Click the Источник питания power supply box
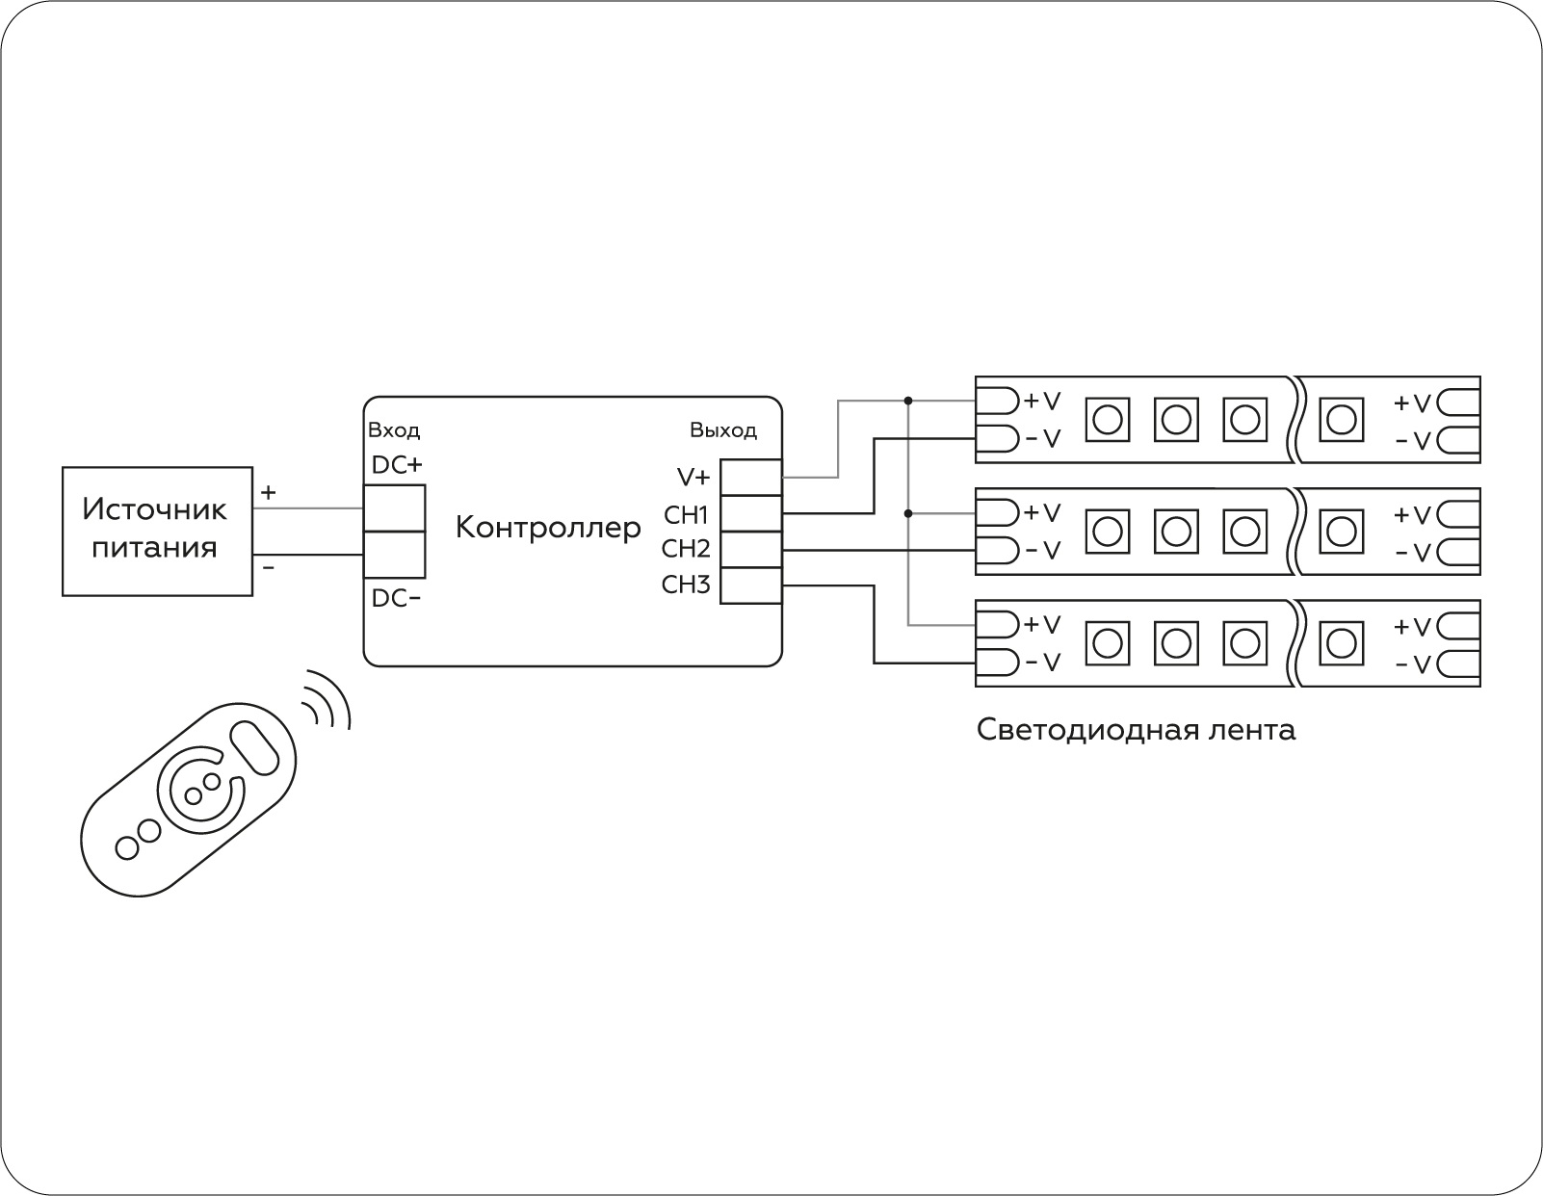tap(157, 531)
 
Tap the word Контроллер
tap(547, 528)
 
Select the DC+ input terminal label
tap(396, 465)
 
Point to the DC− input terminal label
tap(396, 598)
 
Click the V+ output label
tap(693, 478)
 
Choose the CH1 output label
tap(686, 514)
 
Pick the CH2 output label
tap(686, 549)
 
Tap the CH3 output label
tap(686, 585)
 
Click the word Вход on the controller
tap(394, 430)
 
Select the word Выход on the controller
tap(722, 430)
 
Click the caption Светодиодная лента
tap(1136, 730)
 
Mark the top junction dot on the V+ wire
tap(908, 400)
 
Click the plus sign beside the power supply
tap(269, 492)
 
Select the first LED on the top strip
tap(1107, 419)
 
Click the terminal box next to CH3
tap(751, 585)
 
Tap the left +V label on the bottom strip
tap(1041, 625)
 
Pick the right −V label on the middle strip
tap(1413, 553)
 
